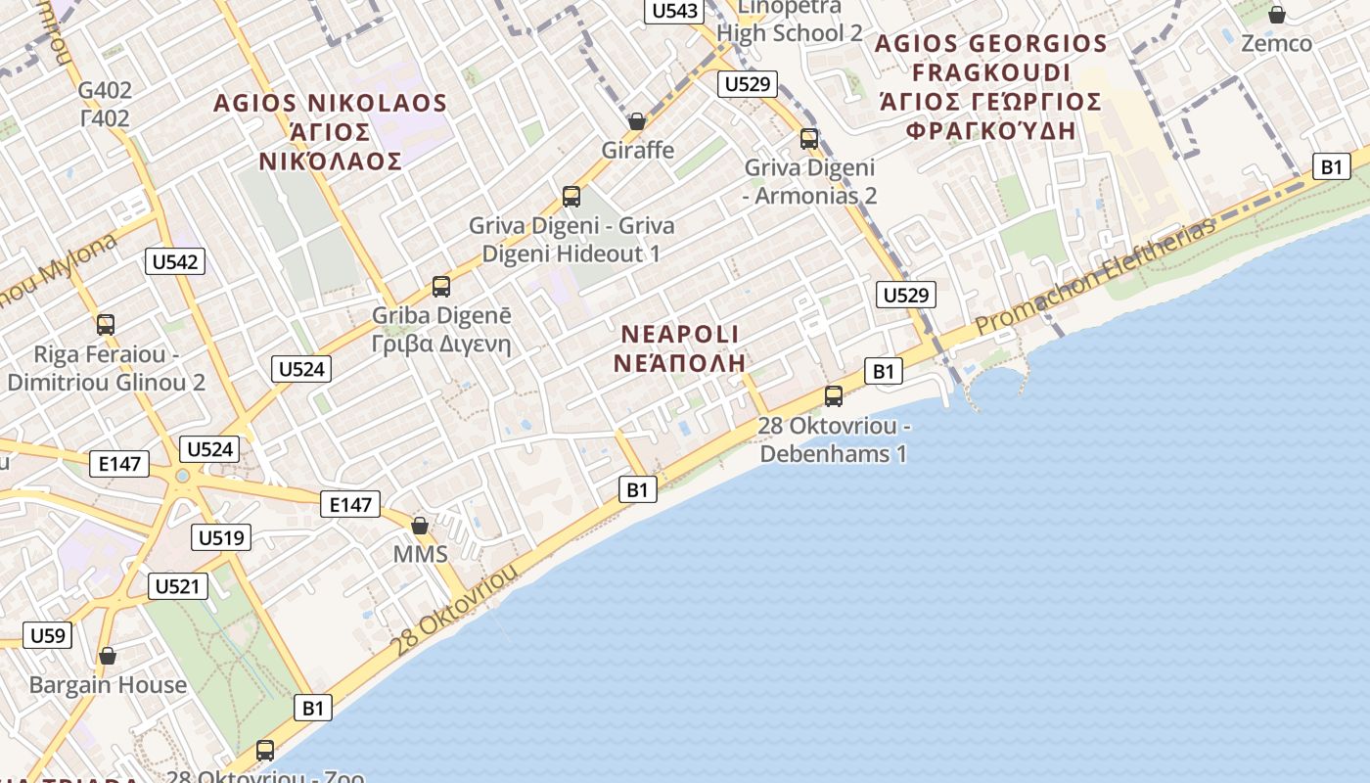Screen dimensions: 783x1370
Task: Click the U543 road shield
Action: click(x=674, y=11)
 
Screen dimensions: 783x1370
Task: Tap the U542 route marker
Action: click(x=175, y=261)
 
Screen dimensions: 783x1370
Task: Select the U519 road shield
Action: click(x=222, y=537)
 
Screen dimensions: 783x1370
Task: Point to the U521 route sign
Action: click(x=177, y=586)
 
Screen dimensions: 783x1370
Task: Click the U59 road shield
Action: click(x=47, y=635)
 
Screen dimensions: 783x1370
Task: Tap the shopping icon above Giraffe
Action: click(x=637, y=121)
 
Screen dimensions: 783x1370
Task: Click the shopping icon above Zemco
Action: click(x=1276, y=15)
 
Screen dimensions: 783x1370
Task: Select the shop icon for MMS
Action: click(x=420, y=526)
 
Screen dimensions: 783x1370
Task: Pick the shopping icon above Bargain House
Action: click(x=108, y=655)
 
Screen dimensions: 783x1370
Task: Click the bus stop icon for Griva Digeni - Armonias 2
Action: click(x=809, y=138)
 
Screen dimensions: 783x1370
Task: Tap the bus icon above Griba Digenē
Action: click(x=441, y=287)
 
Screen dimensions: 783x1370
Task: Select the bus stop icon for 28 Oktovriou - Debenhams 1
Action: click(x=834, y=396)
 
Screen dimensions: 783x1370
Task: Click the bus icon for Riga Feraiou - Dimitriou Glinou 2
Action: click(x=106, y=324)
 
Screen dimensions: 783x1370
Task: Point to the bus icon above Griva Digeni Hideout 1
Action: click(x=571, y=197)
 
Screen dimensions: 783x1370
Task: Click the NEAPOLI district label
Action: click(x=680, y=334)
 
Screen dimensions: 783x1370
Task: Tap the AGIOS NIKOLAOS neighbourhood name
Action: click(x=331, y=103)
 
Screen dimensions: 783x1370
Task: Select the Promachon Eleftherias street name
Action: click(x=1096, y=276)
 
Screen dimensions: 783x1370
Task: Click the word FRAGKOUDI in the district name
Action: click(x=990, y=73)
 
